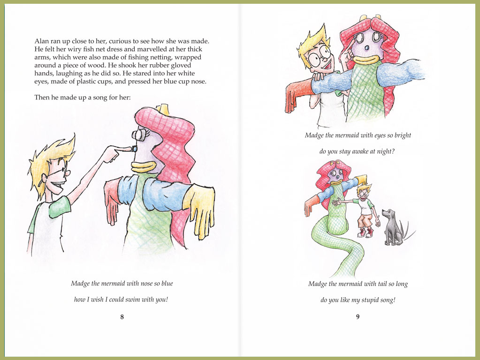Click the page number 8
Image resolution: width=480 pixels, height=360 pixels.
pyautogui.click(x=122, y=317)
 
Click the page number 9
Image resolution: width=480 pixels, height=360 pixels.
pyautogui.click(x=358, y=317)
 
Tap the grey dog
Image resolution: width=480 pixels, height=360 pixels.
pyautogui.click(x=392, y=227)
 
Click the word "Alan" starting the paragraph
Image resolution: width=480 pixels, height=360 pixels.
pyautogui.click(x=41, y=41)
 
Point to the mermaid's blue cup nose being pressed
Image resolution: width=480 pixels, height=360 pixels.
pyautogui.click(x=134, y=149)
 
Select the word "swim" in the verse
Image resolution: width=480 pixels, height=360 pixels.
pyautogui.click(x=133, y=300)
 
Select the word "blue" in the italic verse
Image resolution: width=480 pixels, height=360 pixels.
pyautogui.click(x=167, y=284)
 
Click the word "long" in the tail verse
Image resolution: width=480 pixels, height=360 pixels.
pyautogui.click(x=402, y=284)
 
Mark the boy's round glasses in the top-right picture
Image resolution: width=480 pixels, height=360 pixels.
pyautogui.click(x=319, y=57)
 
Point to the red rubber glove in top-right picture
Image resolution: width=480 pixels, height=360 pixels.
pyautogui.click(x=298, y=95)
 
